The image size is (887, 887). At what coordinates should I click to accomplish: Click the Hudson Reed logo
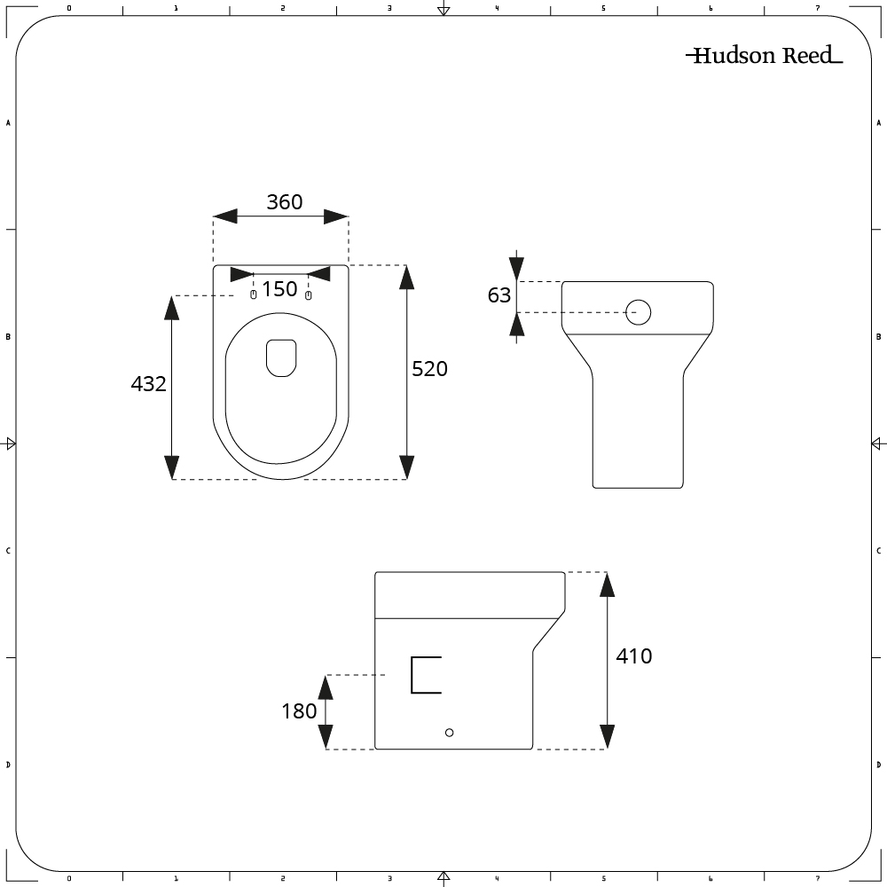(x=764, y=56)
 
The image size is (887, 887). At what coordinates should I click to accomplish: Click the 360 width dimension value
(x=285, y=202)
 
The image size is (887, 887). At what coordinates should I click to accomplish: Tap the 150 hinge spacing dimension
(x=279, y=289)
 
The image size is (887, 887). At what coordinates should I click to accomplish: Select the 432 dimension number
(x=148, y=384)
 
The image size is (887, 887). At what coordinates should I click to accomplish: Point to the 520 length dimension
(x=430, y=369)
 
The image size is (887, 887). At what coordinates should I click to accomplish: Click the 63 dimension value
(x=499, y=295)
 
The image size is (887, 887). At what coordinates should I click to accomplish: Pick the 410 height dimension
(x=633, y=656)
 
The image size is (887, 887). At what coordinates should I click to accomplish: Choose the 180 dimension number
(x=299, y=711)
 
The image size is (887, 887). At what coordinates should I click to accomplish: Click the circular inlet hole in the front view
(x=639, y=312)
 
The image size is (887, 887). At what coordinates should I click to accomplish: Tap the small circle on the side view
(x=450, y=732)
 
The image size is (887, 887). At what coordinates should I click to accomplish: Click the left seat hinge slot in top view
(x=254, y=294)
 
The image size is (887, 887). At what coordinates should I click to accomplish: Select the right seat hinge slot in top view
(x=309, y=294)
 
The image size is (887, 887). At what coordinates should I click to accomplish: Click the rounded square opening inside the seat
(x=281, y=357)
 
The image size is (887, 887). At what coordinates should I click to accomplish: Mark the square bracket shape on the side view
(x=426, y=674)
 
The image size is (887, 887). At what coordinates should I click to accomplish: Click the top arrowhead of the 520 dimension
(x=407, y=277)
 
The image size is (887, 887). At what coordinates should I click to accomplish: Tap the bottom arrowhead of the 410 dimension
(x=607, y=736)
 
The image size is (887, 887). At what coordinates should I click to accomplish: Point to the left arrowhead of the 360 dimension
(x=225, y=217)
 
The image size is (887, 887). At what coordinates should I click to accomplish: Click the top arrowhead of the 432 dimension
(x=172, y=307)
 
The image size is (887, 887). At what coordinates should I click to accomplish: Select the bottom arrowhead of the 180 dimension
(x=326, y=736)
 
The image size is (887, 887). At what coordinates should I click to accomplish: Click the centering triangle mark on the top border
(x=443, y=10)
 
